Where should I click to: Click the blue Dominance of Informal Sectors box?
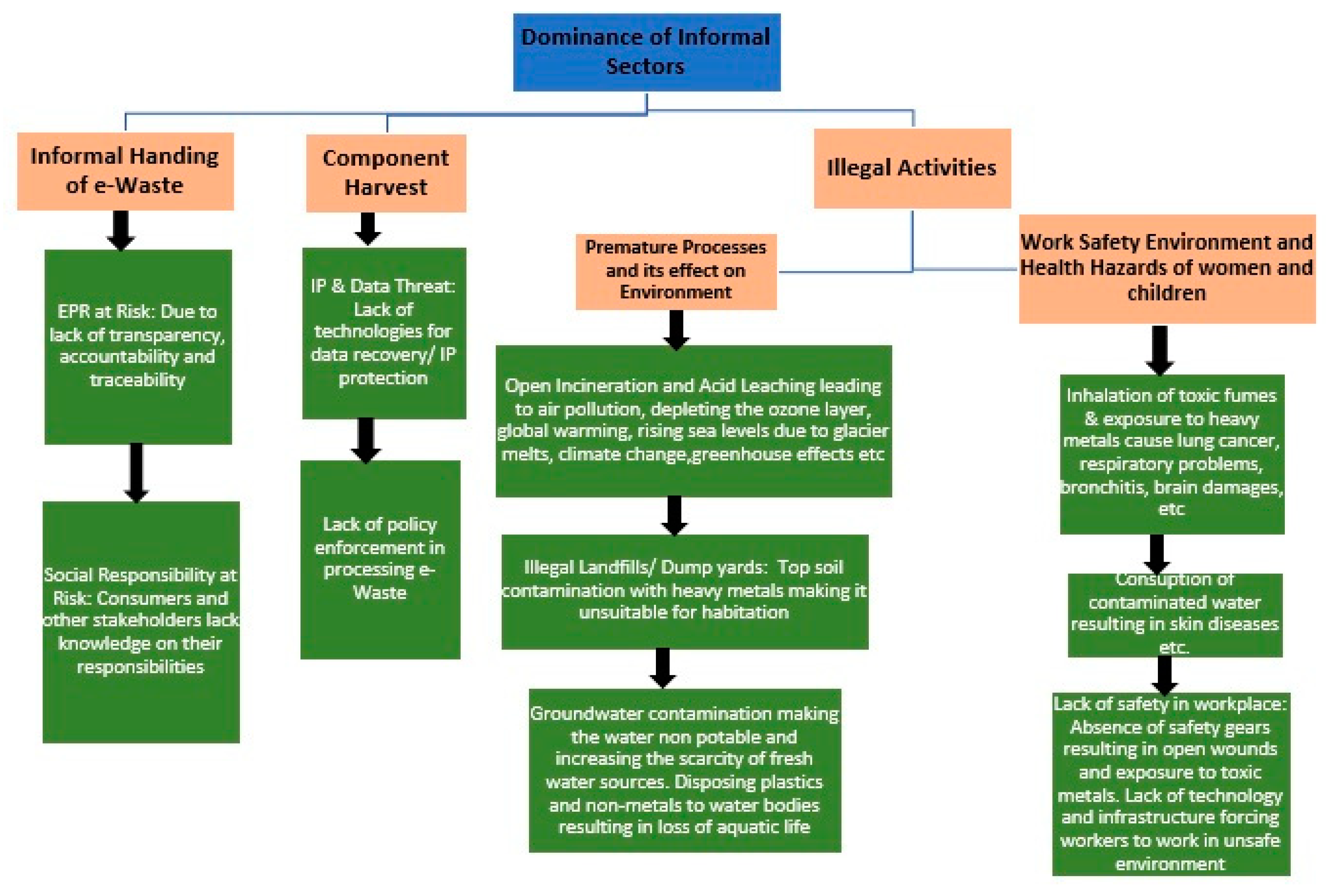tap(646, 52)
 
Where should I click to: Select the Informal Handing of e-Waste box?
tap(125, 171)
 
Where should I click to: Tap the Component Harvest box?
tap(386, 173)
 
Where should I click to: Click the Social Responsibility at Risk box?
tap(141, 622)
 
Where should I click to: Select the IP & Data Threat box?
tap(384, 332)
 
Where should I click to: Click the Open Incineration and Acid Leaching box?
tap(693, 421)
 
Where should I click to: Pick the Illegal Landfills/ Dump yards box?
tap(684, 591)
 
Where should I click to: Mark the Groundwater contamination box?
tap(684, 770)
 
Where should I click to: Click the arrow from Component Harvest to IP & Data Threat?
tap(368, 229)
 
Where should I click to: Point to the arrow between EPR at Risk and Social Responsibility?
tap(136, 472)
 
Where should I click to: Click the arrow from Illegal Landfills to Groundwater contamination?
tap(662, 667)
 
